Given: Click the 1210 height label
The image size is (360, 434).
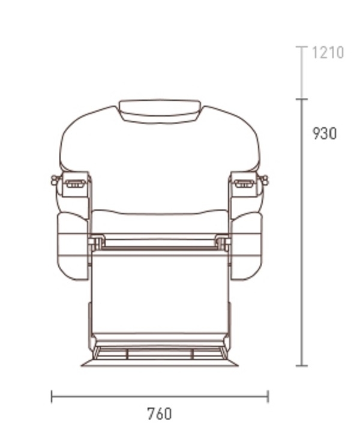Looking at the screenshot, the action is (x=328, y=53).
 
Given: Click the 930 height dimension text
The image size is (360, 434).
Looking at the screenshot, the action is (x=325, y=133).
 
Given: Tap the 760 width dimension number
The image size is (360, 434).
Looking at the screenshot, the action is (x=160, y=414).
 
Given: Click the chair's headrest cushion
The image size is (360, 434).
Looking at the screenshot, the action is (x=160, y=112).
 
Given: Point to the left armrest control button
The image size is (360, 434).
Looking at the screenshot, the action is (x=75, y=183).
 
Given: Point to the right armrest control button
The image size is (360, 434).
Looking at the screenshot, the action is (x=244, y=183).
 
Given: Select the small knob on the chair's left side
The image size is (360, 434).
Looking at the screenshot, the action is (x=55, y=180).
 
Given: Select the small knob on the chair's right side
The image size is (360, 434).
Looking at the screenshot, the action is (x=265, y=180).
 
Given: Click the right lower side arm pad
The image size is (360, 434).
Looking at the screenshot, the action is (x=246, y=246).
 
